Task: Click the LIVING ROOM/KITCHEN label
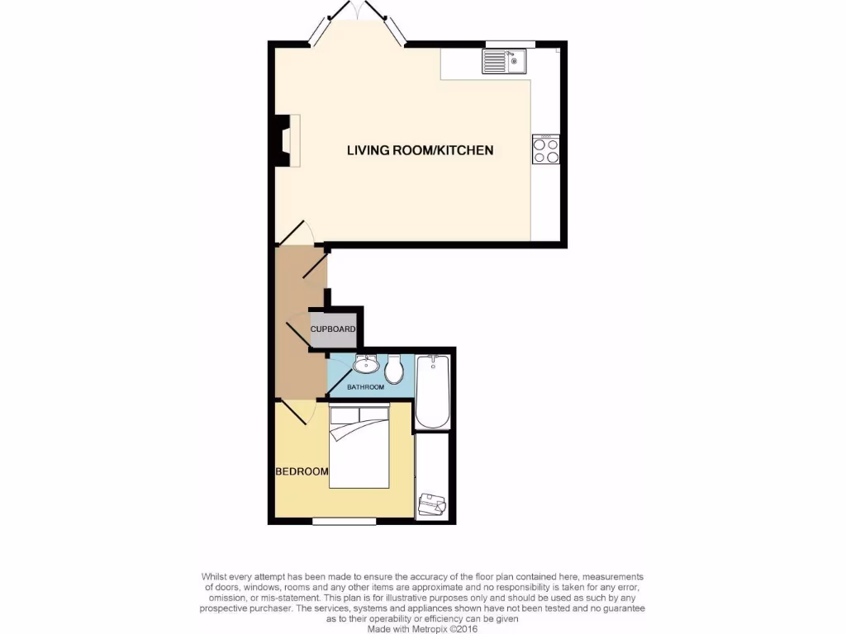[420, 150]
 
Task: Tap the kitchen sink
[506, 62]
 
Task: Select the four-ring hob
[547, 149]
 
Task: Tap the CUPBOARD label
[333, 329]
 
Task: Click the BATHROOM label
[365, 387]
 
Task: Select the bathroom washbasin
[364, 364]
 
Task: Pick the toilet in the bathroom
[394, 370]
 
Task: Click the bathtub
[432, 391]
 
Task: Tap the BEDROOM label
[302, 472]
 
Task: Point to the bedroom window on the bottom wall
[345, 521]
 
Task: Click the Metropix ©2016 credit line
[422, 628]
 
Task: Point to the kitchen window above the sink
[510, 44]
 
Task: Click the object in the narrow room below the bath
[430, 503]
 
